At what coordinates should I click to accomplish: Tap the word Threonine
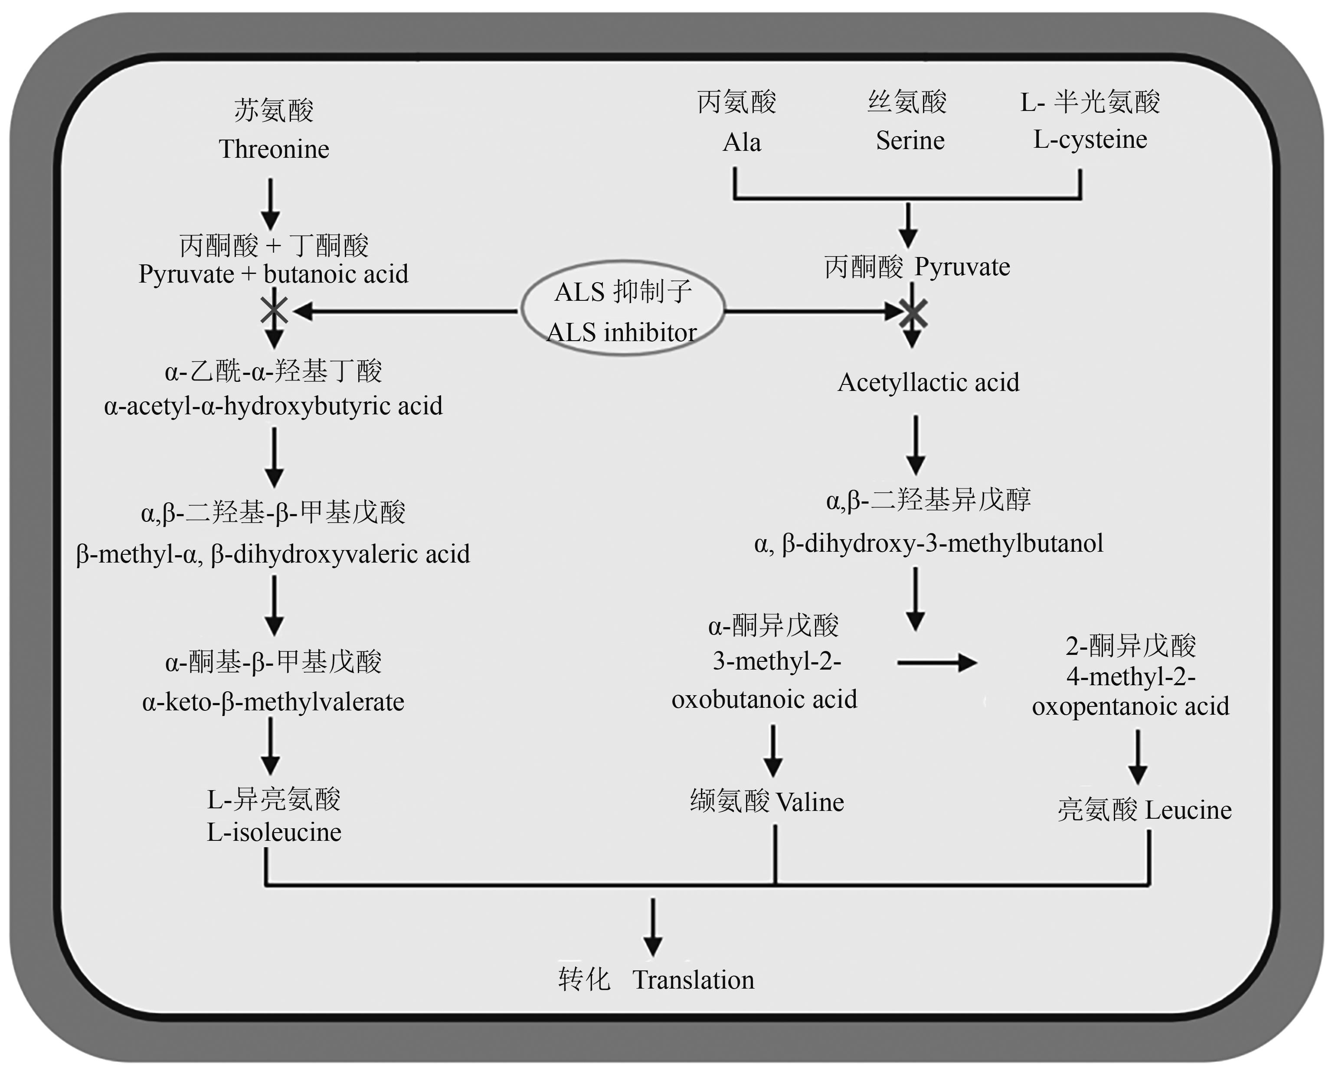click(x=274, y=149)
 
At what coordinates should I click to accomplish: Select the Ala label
click(x=742, y=142)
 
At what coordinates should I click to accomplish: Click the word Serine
click(x=910, y=140)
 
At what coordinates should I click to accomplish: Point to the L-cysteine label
click(x=1090, y=139)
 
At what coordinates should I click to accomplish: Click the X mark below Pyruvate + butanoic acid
click(x=274, y=310)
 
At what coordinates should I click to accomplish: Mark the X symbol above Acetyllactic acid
click(x=913, y=314)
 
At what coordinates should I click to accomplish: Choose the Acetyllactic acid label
click(x=928, y=382)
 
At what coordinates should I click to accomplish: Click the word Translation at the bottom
click(x=693, y=980)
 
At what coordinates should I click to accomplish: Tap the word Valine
click(x=810, y=802)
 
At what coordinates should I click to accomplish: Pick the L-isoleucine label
click(x=274, y=833)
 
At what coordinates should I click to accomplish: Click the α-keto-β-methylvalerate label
click(x=273, y=702)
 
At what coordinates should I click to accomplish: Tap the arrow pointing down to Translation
click(x=653, y=927)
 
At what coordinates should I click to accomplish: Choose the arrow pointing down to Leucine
click(x=1138, y=757)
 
